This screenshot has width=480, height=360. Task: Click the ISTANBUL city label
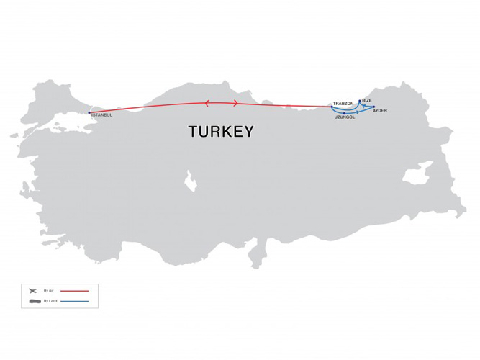(102, 115)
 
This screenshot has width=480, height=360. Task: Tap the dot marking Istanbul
(89, 112)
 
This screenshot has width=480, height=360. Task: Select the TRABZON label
(343, 103)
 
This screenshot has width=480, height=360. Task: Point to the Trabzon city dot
(332, 107)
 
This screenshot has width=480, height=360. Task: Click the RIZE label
(367, 100)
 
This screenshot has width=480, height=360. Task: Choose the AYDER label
(380, 111)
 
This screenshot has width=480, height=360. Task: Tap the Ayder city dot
(374, 107)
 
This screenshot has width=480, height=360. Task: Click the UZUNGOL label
(345, 117)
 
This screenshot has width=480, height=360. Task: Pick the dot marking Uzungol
(345, 113)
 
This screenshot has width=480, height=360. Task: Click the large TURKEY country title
(221, 132)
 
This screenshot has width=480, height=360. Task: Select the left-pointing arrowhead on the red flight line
(208, 103)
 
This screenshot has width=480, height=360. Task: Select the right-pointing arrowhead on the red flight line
(236, 103)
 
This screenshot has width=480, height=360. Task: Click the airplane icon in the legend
(32, 290)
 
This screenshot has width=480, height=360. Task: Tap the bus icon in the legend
(32, 300)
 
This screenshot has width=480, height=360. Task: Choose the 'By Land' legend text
(50, 300)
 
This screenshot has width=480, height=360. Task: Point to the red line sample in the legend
(74, 290)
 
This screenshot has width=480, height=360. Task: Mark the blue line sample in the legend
(74, 300)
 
